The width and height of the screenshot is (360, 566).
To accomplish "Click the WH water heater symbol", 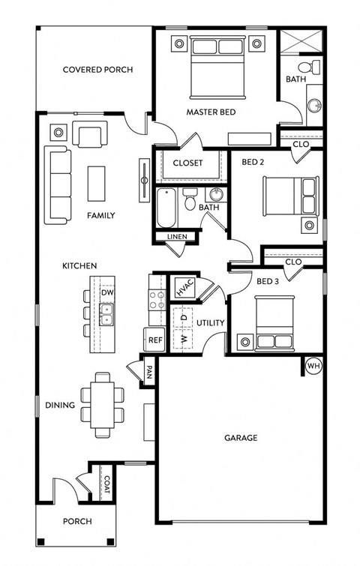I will click(313, 366).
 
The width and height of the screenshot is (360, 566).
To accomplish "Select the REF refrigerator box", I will click(155, 340).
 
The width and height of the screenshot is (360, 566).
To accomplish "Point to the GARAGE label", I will click(241, 437).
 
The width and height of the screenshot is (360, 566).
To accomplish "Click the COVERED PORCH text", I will click(97, 70).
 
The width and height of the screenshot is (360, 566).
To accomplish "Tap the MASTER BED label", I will click(211, 112).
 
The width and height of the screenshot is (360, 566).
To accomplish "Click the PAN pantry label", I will click(149, 372).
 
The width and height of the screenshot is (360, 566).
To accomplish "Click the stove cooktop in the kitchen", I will click(157, 300).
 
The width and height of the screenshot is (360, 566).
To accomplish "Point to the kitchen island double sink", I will click(106, 313).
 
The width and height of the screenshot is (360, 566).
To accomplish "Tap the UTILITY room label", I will click(211, 323).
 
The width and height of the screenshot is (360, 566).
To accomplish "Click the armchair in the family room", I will click(89, 136).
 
